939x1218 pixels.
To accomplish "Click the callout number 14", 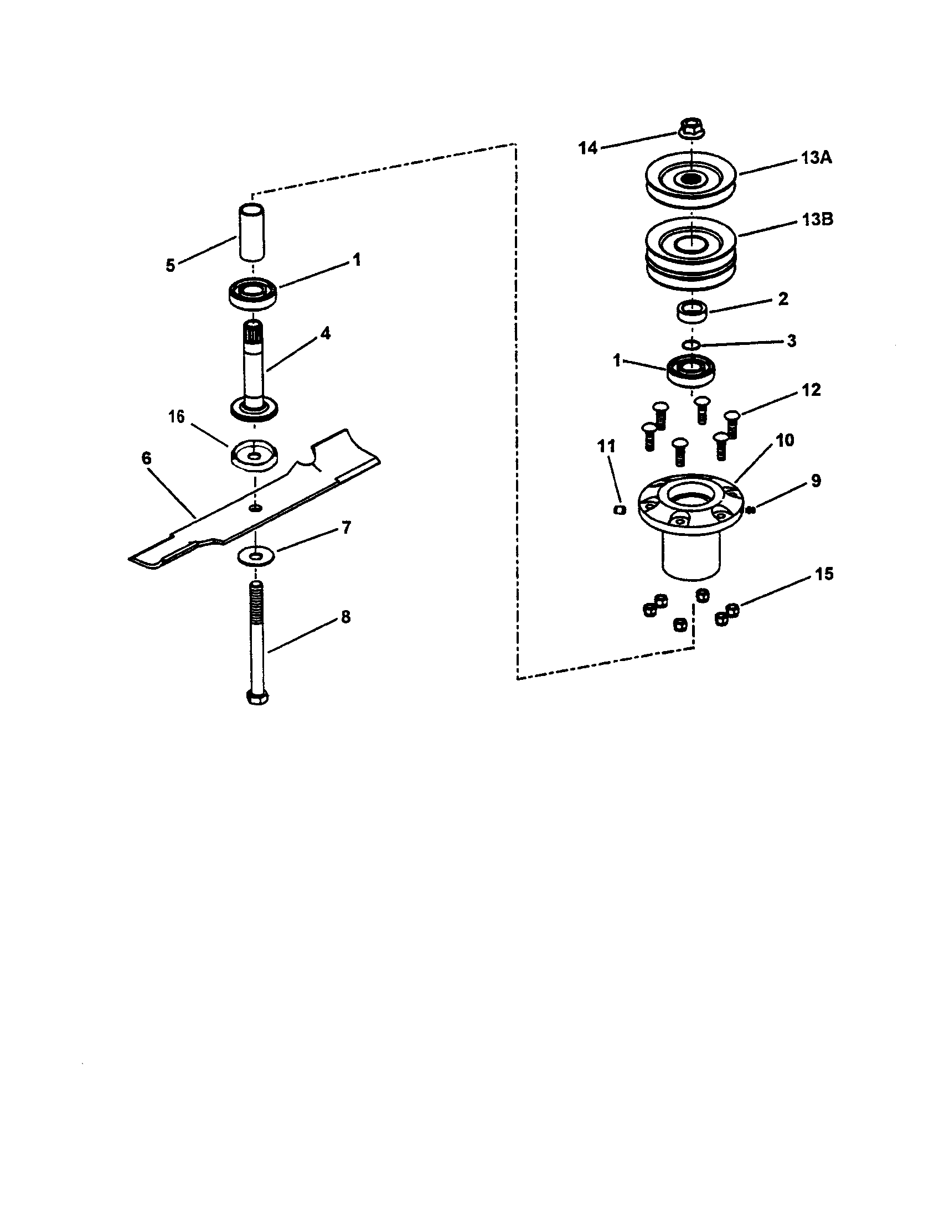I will [588, 148].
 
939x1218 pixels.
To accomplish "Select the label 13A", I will [816, 158].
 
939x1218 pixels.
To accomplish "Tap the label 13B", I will [817, 219].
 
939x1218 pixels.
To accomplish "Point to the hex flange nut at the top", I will [692, 127].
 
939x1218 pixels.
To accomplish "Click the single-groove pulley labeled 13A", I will [691, 179].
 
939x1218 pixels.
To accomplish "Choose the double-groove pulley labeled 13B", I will [691, 251].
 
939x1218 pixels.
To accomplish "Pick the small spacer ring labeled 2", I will [692, 310].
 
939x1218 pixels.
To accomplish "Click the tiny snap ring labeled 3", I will [692, 344].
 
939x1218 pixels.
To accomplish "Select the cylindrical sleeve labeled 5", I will [253, 233].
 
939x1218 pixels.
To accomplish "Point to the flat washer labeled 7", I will [255, 556].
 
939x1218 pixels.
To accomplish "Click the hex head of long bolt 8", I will [256, 697].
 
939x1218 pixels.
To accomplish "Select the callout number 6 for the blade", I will [146, 458].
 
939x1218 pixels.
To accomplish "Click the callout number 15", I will [824, 574].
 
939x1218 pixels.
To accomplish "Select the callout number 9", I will [815, 481].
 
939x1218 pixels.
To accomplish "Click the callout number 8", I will [345, 617].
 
